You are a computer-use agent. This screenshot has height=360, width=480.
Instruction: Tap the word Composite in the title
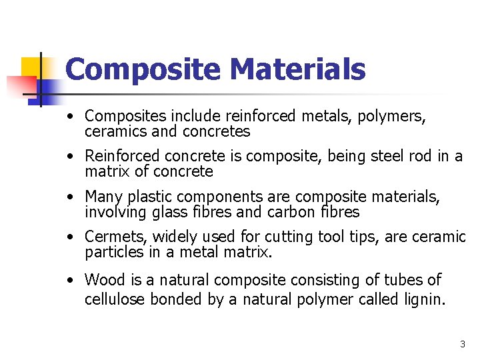143,69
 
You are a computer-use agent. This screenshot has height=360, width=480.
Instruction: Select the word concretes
216,132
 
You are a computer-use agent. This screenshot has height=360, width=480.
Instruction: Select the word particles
114,253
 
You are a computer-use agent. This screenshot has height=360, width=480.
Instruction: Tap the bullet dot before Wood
69,281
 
